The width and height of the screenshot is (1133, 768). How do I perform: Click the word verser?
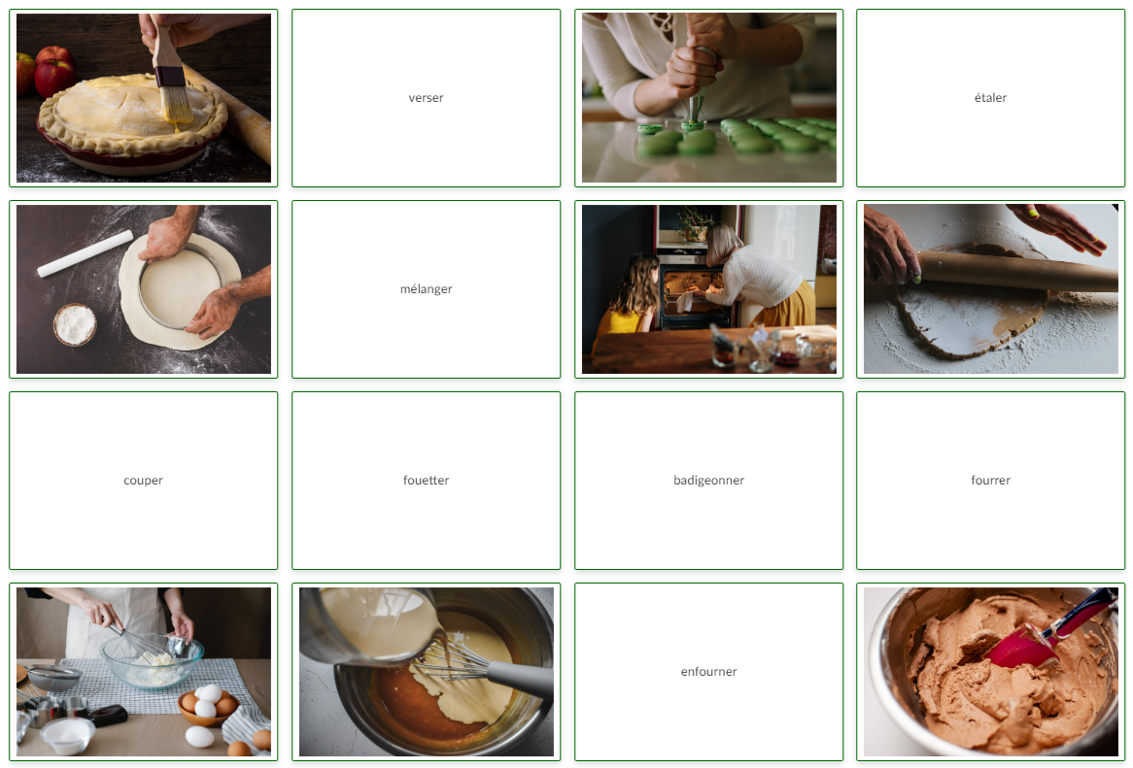pyautogui.click(x=426, y=98)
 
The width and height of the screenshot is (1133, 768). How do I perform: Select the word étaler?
pyautogui.click(x=990, y=98)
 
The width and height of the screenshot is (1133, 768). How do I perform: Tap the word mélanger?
pyautogui.click(x=426, y=289)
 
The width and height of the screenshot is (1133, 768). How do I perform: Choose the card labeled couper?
pyautogui.click(x=143, y=481)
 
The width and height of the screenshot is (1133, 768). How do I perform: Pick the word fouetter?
pyautogui.click(x=426, y=481)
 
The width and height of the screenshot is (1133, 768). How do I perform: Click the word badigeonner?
pyautogui.click(x=708, y=481)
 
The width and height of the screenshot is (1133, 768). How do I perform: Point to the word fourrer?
pyautogui.click(x=990, y=481)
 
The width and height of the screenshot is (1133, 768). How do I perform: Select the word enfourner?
pyautogui.click(x=708, y=672)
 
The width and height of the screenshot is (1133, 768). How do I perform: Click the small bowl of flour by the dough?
pyautogui.click(x=75, y=325)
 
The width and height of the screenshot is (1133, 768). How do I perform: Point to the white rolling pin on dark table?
pyautogui.click(x=86, y=253)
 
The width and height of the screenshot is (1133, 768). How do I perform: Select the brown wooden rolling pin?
pyautogui.click(x=1015, y=271)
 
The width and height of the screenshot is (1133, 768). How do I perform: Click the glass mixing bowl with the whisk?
pyautogui.click(x=152, y=661)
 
